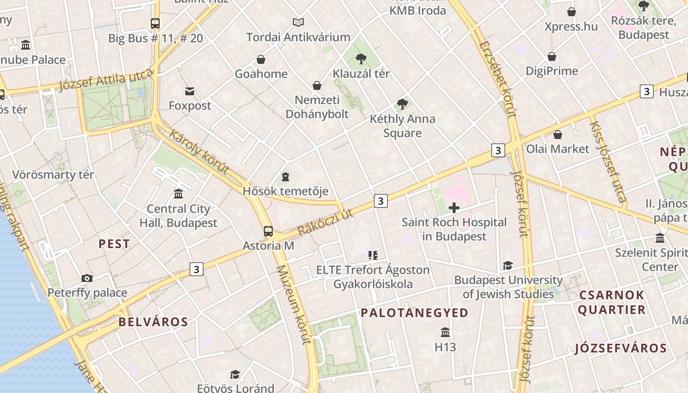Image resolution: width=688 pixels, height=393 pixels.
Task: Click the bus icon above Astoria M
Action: pos(268,231)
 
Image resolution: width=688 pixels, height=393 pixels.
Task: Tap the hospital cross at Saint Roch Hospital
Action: pos(454,208)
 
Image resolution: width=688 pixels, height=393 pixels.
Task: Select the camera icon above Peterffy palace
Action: pos(87,279)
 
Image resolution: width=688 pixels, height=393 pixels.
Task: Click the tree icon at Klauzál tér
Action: pos(361,59)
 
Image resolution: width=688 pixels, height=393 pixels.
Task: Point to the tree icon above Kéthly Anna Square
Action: pos(402,104)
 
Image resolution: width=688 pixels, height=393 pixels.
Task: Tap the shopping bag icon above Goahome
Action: pos(261,59)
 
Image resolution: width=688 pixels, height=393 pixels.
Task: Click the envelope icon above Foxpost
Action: pos(190,91)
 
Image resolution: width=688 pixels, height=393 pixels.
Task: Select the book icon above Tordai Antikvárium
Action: pos(298,22)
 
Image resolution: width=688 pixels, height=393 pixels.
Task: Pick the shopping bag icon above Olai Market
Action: pos(558,135)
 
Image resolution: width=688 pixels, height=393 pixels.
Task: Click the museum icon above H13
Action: pos(445,333)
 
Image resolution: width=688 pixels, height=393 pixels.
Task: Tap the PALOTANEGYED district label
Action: pos(415,313)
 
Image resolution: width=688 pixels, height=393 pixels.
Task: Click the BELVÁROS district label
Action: pos(153,322)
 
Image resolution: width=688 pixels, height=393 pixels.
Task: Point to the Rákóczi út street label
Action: pos(325,222)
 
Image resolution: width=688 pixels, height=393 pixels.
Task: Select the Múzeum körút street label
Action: pos(294,305)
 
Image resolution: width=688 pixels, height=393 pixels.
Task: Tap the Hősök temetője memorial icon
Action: pos(286,177)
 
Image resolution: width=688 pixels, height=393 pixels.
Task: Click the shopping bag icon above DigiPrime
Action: pos(552,56)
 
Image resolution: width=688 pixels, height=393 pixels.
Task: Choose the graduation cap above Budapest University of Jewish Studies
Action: pos(508,266)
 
